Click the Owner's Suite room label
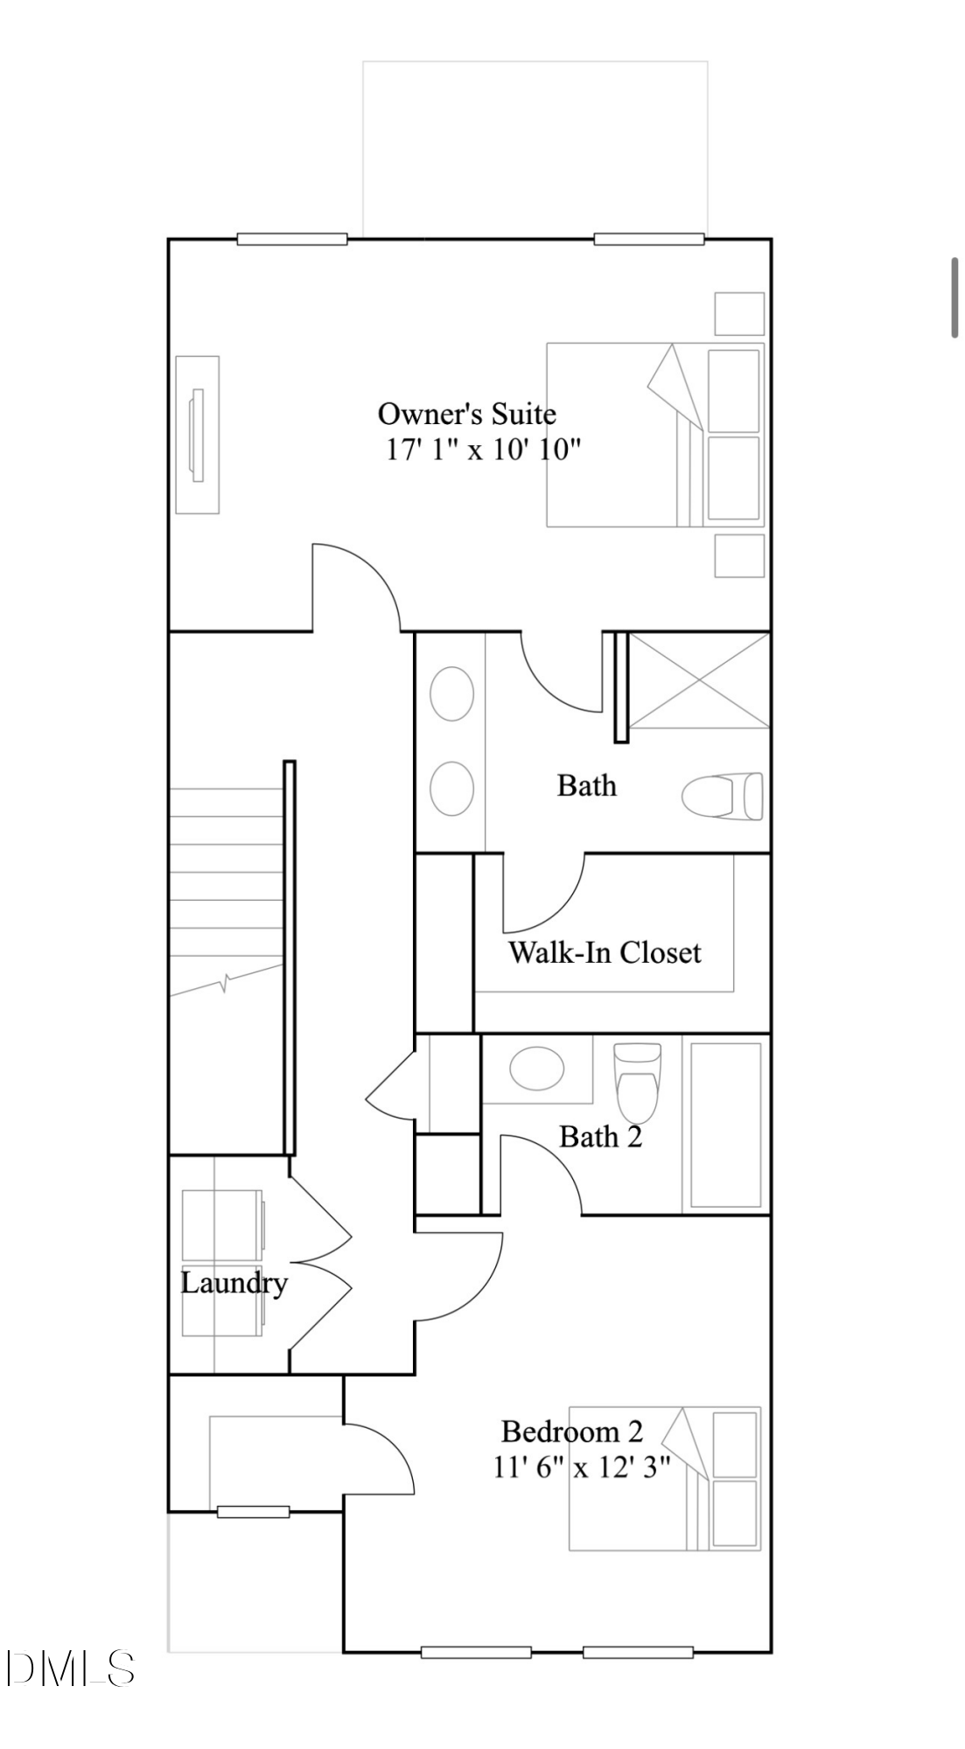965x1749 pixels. click(466, 413)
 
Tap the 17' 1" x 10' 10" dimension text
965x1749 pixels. click(483, 449)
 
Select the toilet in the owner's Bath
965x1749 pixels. click(723, 796)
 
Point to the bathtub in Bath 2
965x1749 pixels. click(725, 1125)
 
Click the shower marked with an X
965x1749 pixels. click(699, 680)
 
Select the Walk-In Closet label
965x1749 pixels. click(605, 951)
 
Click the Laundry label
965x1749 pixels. click(234, 1283)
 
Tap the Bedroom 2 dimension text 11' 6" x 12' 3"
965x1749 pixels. click(582, 1467)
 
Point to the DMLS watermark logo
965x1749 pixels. click(70, 1669)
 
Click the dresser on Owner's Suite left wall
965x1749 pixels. click(197, 435)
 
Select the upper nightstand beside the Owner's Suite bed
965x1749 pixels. click(739, 313)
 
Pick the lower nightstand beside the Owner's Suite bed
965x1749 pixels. click(739, 556)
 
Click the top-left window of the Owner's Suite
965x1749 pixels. click(292, 239)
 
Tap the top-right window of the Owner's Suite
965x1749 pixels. click(648, 239)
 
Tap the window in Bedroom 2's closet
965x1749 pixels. click(253, 1511)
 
